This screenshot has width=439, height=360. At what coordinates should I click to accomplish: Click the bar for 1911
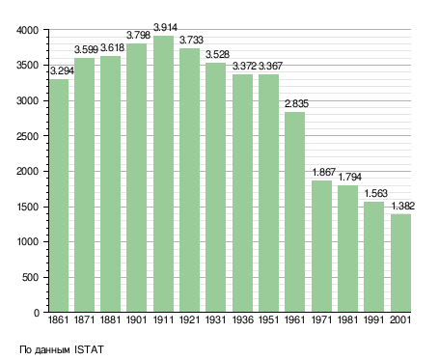point(163,174)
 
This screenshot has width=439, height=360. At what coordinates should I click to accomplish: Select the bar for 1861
point(59,196)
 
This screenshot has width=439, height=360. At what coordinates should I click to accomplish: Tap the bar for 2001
point(400,263)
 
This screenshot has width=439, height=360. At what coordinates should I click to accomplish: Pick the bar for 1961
point(294,211)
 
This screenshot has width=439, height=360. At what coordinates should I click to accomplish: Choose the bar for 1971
point(321,246)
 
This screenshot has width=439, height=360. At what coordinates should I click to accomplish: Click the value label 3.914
point(165,28)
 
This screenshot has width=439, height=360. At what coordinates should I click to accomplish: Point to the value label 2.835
point(296,103)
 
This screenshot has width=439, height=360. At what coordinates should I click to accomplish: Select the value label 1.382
point(403,206)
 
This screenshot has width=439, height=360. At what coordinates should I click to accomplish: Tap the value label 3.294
point(62,70)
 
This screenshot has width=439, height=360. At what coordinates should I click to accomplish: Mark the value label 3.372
point(244,66)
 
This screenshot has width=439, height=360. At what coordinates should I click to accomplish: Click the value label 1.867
point(324,172)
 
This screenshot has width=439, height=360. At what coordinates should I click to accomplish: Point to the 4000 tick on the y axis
point(28,30)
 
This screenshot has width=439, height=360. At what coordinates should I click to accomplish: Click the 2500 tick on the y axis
point(28,136)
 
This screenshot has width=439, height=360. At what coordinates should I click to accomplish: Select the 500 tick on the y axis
point(31,277)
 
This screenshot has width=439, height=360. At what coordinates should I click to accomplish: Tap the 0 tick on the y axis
point(37,313)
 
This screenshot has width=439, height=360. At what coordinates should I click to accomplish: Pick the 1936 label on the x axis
point(242,320)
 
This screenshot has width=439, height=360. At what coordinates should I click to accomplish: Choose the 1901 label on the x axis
point(136,320)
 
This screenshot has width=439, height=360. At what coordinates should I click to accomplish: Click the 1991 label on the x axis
point(373,320)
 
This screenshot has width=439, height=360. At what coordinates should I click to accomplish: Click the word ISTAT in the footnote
point(89,349)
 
